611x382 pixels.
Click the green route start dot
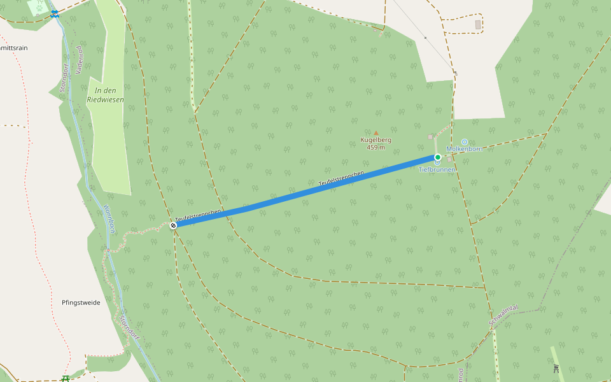click(x=438, y=157)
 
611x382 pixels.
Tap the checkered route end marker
click(x=173, y=225)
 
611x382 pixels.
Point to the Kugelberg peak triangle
click(x=376, y=133)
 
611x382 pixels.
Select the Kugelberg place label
click(x=376, y=140)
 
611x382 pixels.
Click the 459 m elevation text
click(x=376, y=148)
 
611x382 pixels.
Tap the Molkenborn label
click(x=465, y=149)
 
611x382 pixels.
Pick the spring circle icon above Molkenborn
click(x=464, y=141)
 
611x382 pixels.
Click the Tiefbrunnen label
click(x=437, y=170)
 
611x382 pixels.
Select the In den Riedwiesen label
click(x=105, y=95)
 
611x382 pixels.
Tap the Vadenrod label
click(x=80, y=60)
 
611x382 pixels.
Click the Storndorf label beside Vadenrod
click(x=64, y=78)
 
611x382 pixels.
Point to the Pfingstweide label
click(x=81, y=302)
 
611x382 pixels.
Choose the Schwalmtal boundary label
click(x=503, y=316)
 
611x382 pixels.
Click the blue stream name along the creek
click(x=109, y=219)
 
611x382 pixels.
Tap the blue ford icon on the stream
click(x=55, y=13)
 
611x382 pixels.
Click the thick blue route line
click(x=305, y=191)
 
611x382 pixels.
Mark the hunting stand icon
click(x=556, y=368)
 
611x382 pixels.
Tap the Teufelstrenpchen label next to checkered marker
click(x=199, y=215)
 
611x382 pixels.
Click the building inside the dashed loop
click(x=478, y=24)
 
